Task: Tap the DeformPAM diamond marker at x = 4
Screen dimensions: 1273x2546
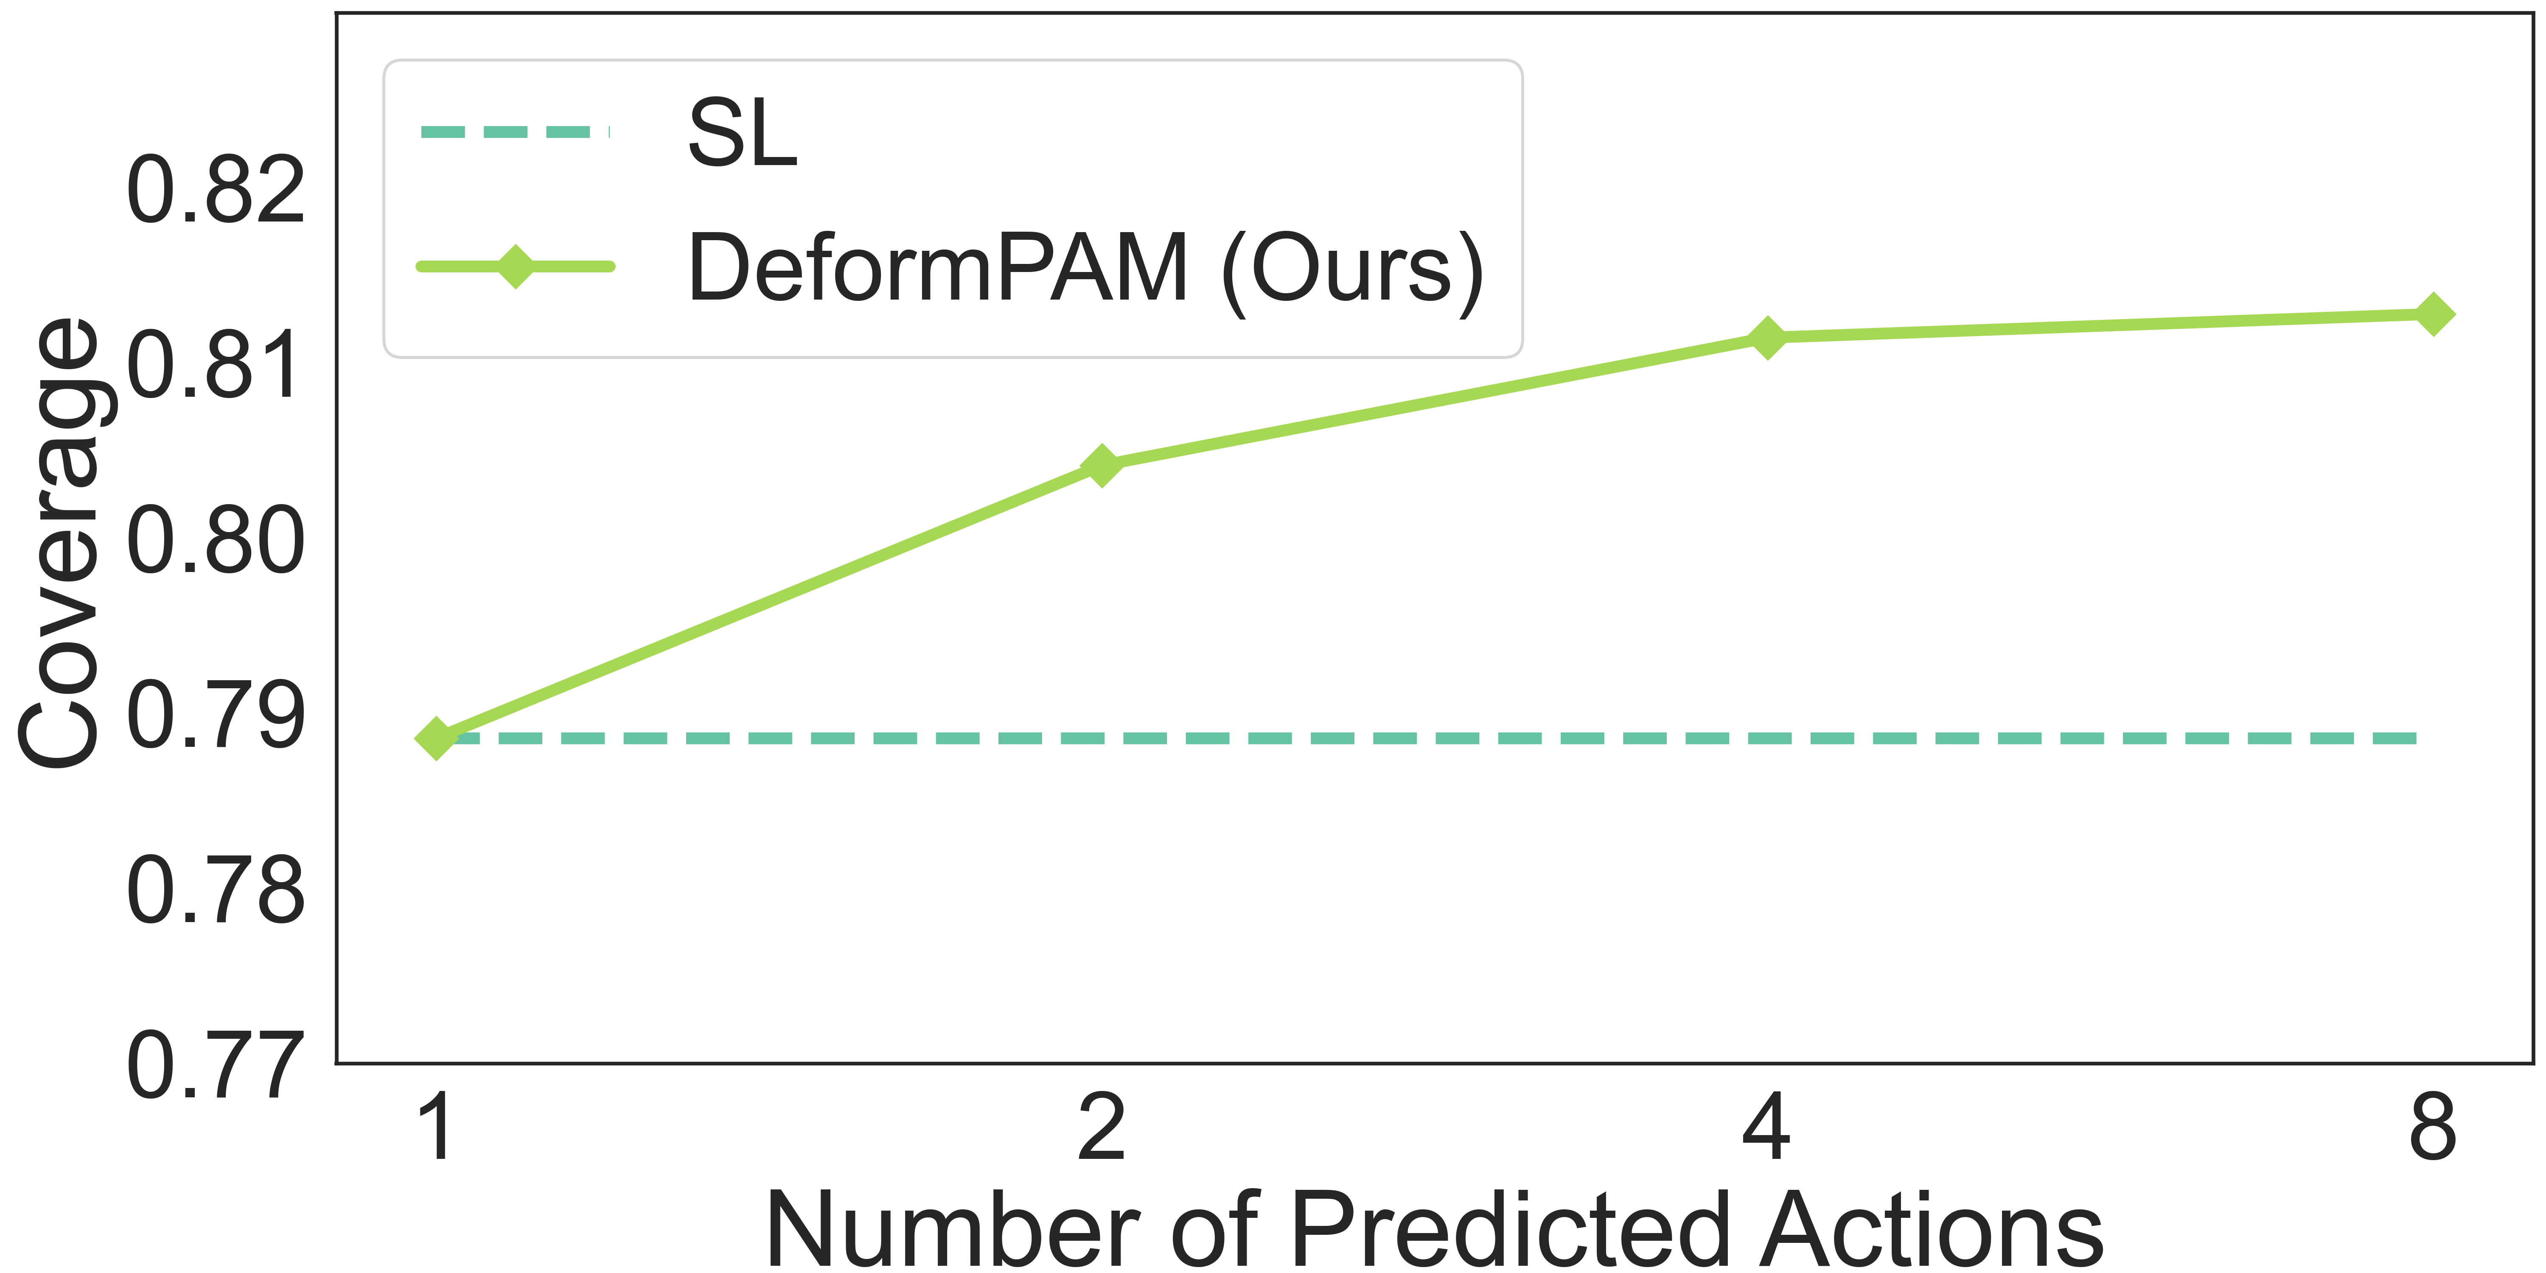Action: [1767, 337]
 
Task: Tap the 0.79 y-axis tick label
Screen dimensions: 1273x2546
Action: [216, 715]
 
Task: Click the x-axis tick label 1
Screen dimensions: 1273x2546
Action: [436, 1129]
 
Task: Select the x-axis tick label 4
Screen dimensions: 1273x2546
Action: [1767, 1129]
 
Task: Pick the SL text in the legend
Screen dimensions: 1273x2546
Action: [741, 133]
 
